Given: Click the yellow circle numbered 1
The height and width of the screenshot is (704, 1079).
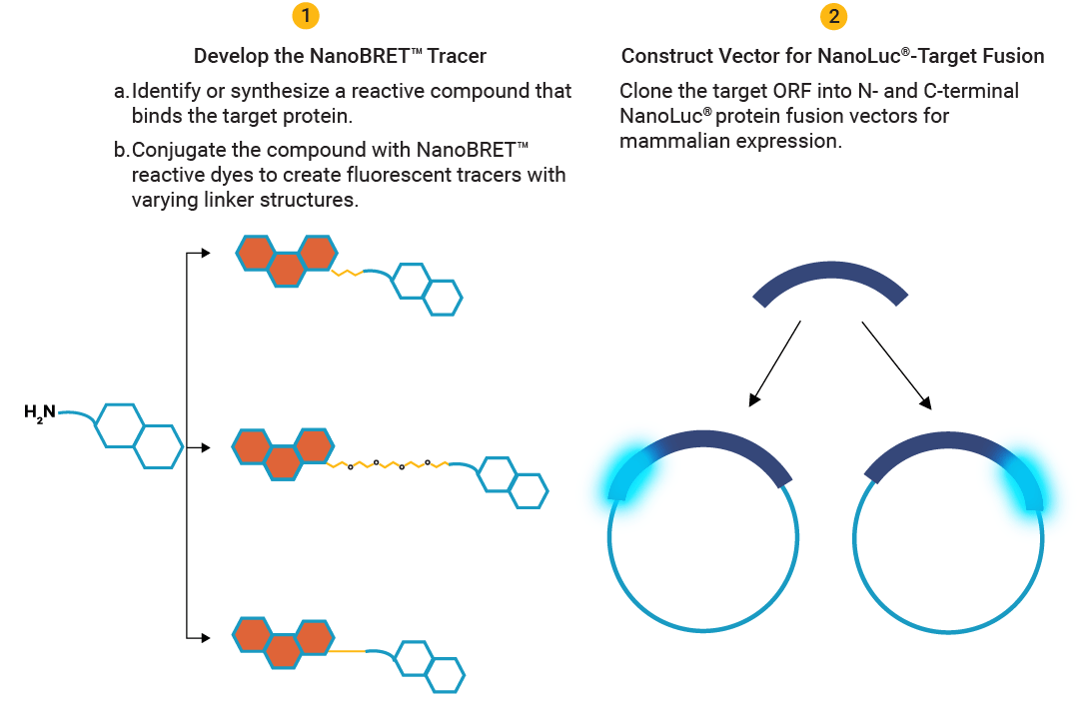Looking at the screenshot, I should (x=306, y=16).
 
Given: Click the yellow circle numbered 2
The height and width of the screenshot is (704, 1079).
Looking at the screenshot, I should (x=832, y=16).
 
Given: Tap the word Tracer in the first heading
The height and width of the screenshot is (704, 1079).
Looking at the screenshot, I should (x=458, y=56).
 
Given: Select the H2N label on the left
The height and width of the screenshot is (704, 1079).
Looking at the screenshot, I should (x=40, y=410).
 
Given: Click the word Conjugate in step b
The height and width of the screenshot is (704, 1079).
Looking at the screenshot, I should (x=177, y=150).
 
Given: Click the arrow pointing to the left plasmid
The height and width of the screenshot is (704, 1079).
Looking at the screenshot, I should (x=775, y=363).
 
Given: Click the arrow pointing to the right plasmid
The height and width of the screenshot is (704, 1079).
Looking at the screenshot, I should (x=896, y=365).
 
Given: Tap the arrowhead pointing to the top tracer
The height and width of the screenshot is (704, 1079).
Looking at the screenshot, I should (x=204, y=254).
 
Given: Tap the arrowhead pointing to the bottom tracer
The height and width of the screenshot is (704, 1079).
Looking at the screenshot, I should (x=204, y=636).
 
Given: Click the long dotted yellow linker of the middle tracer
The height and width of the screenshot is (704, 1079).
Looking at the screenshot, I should (x=390, y=464).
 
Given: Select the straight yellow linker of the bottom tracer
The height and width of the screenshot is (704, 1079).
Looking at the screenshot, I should (x=349, y=651).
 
